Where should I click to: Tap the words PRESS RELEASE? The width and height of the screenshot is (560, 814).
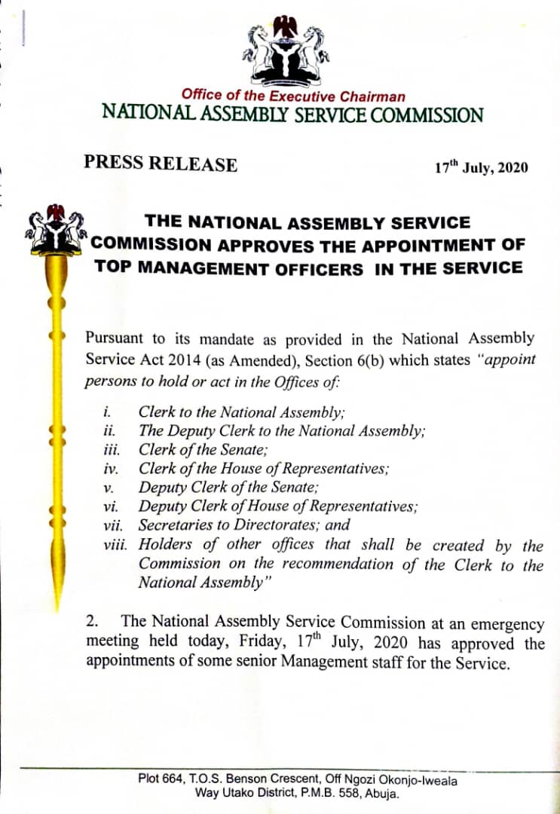coord(161,164)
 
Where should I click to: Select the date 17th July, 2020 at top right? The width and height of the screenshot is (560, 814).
coord(481,167)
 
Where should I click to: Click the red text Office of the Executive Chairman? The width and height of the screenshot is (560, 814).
coord(292,96)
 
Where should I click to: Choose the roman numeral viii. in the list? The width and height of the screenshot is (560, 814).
coord(117,544)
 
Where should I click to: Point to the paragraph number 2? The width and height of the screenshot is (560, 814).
coord(92,622)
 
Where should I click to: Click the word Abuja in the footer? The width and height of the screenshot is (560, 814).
coord(382,794)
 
